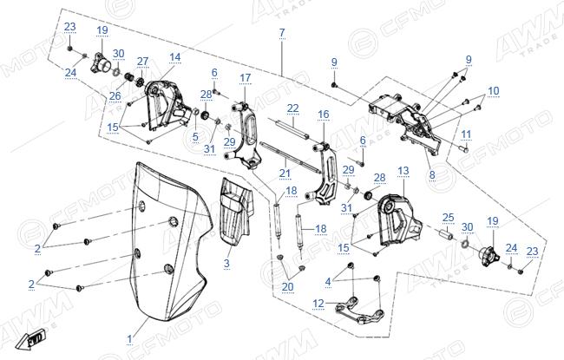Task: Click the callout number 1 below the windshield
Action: pos(130,339)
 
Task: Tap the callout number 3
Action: pos(226,263)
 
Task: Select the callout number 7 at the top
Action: pos(282,33)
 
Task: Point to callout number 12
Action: pos(318,304)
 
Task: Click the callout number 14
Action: pos(174,57)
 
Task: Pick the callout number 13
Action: pos(403,171)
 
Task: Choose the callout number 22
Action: pos(293,108)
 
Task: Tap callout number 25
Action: pos(449,218)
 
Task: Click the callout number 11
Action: pos(466,134)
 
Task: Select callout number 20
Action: pos(288,286)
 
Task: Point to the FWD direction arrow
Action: pos(31,340)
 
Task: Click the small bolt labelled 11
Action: pos(464,148)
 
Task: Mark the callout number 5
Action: pos(195,136)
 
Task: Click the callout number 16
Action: pos(324,114)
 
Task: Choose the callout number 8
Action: pos(432,174)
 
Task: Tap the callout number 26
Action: pos(115,96)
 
